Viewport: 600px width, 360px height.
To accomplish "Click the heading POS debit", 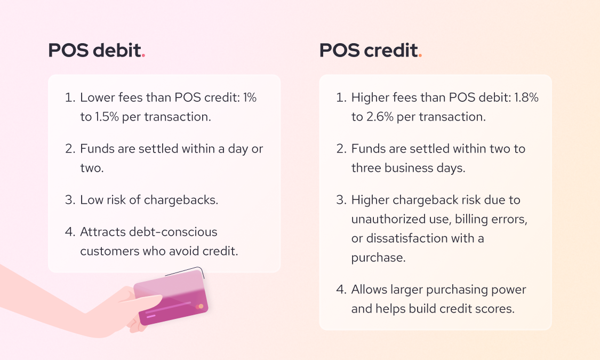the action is coord(94,50).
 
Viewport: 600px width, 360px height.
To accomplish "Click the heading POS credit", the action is coord(369,50).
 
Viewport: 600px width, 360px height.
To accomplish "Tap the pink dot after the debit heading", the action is coord(143,56).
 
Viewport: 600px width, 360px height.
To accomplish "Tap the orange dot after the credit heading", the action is coord(420,56).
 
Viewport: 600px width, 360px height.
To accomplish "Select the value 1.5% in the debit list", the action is coord(107,117).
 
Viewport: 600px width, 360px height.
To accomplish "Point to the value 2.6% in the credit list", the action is coord(380,117).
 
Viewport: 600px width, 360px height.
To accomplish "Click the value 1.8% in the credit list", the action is coord(526,98).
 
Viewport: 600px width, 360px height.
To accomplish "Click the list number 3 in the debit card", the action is coord(70,199).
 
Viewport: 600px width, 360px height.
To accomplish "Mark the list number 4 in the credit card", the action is coord(341,290).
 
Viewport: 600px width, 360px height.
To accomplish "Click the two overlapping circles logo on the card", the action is coord(199,307).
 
